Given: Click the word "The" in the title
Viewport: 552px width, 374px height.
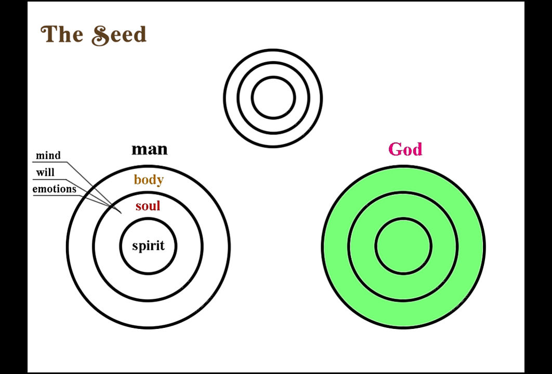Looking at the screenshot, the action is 62,34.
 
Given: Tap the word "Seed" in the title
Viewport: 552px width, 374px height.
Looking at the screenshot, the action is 119,35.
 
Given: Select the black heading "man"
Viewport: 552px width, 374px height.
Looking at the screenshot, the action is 150,149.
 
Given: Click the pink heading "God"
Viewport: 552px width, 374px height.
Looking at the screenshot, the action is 405,149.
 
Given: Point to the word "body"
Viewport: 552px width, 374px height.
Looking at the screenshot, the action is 149,180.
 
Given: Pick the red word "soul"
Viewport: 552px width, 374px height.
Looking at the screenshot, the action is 148,206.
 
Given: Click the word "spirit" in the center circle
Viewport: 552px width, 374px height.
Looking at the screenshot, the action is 148,245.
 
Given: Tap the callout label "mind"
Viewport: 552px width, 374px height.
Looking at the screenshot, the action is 48,155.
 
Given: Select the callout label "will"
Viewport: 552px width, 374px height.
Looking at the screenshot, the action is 45,172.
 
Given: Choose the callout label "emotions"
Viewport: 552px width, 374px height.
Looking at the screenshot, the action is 54,189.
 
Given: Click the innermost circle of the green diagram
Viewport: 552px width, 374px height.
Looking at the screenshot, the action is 403,218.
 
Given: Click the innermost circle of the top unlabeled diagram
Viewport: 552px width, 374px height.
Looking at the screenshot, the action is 273,77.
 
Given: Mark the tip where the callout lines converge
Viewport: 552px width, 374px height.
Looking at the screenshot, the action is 122,213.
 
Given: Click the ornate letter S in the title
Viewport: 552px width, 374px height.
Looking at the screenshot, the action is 100,35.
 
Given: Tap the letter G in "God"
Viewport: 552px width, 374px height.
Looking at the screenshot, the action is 396,149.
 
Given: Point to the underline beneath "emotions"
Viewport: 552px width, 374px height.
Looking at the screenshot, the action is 56,195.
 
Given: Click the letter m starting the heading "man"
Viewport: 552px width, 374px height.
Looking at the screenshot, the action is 138,150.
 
